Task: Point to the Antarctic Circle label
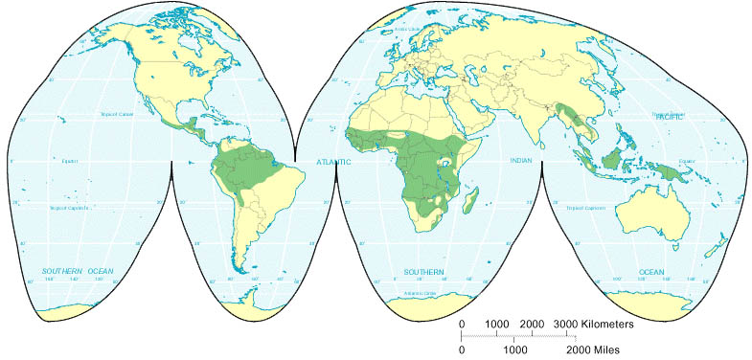pos(421,294)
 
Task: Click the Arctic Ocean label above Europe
pos(409,30)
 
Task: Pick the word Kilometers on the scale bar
pos(610,324)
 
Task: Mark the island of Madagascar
pos(471,200)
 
